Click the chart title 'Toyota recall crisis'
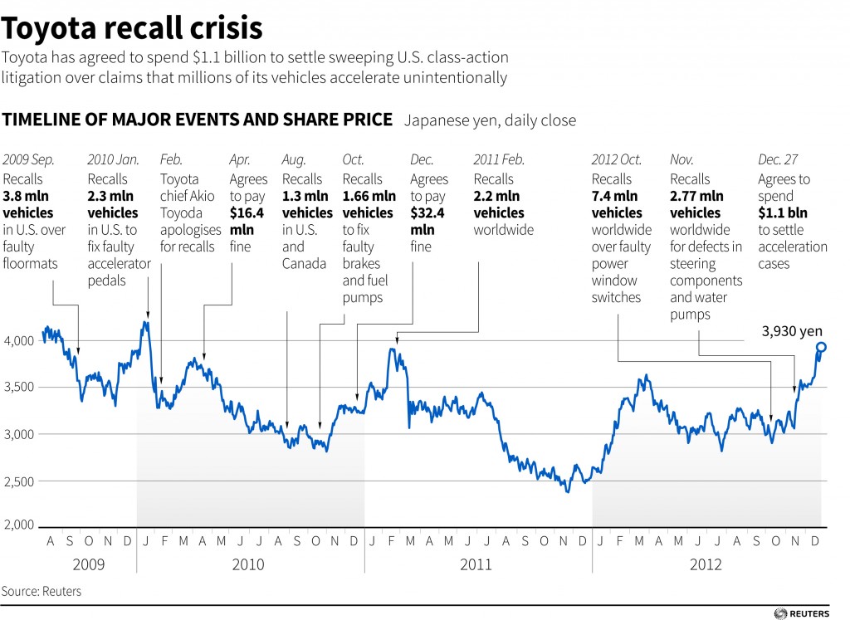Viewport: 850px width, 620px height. coord(133,29)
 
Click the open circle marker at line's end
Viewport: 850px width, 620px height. coord(821,347)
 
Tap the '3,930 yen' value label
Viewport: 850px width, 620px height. coord(793,331)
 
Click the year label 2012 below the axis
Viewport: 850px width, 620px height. coord(706,564)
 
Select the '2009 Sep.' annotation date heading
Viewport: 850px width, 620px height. coord(28,159)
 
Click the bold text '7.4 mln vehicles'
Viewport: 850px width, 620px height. coord(617,205)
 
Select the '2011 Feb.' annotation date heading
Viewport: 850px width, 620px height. coord(499,159)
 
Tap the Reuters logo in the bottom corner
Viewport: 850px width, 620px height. coord(805,613)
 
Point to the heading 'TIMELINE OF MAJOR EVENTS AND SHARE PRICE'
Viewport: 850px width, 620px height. coord(198,120)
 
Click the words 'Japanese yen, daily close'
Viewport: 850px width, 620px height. coord(490,120)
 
